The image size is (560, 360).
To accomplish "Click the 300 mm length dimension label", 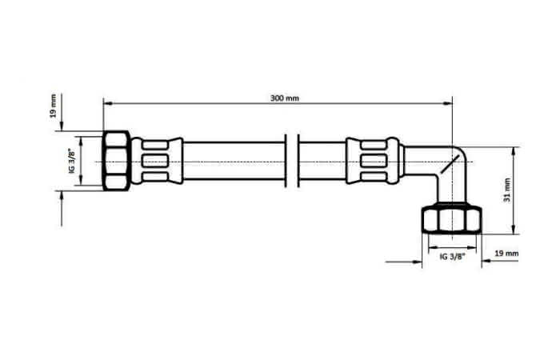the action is coord(284,98).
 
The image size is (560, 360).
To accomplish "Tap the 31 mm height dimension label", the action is coord(507,190).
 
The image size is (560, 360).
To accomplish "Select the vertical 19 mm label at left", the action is coord(53,106).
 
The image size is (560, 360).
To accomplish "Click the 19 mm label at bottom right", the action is coord(506,254).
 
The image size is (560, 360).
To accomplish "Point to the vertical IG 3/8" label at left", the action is coord(72,161).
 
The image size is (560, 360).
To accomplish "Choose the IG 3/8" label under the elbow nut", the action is coord(453,257).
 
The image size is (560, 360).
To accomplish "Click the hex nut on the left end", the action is coord(116,161).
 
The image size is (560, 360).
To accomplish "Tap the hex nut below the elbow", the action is coord(452,219).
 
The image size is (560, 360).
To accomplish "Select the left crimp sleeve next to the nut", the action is coord(157,161).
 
